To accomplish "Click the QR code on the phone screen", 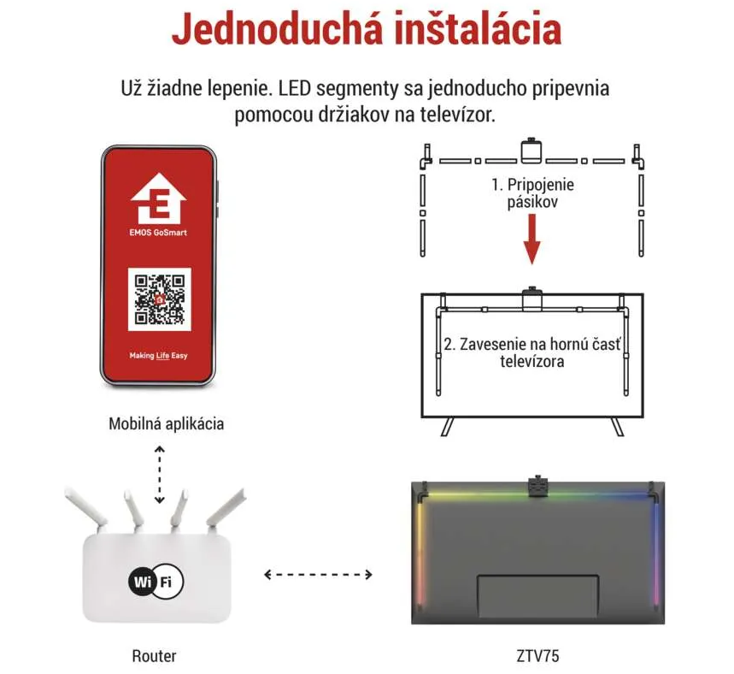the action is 159,299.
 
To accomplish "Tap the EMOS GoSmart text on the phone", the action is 158,233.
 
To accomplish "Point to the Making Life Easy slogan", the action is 158,356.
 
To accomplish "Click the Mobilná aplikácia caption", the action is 166,423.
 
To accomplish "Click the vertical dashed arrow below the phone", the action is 160,475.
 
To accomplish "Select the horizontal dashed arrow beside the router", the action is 319,574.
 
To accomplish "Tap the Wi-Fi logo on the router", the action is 156,582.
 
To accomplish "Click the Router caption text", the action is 154,656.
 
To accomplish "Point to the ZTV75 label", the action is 537,656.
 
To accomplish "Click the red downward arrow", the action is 531,239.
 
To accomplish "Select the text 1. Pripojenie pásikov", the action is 532,193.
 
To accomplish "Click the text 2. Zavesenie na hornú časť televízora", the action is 532,352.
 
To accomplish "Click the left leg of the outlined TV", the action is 448,427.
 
